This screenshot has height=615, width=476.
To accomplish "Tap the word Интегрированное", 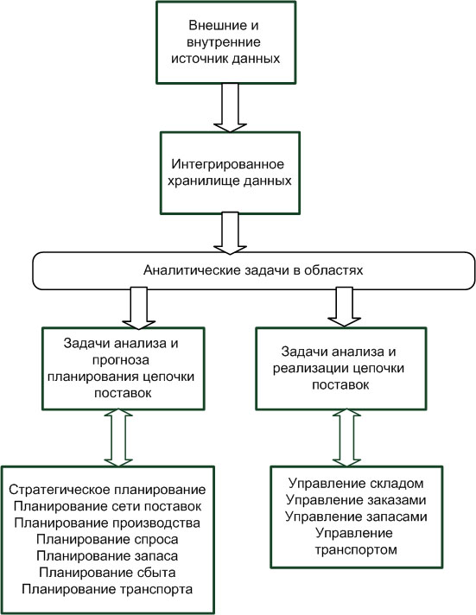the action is tap(227, 164).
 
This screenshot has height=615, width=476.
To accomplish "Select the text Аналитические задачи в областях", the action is tap(253, 270).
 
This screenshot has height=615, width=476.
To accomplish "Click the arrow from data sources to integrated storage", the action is tap(230, 107).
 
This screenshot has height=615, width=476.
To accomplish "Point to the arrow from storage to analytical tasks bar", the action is tap(231, 233).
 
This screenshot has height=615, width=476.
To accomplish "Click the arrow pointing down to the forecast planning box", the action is tap(139, 307).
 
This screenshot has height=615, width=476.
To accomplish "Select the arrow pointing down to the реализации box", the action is tap(344, 307).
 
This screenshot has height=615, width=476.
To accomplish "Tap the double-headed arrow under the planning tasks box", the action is tap(118, 438).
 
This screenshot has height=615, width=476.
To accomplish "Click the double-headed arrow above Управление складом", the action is tap(346, 438).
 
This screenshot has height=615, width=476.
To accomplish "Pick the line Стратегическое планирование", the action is tap(107, 490).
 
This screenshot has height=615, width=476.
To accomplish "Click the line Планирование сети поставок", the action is tap(107, 506).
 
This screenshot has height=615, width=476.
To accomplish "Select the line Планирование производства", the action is tap(107, 523).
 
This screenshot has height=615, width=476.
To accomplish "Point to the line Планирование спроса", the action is tap(107, 539).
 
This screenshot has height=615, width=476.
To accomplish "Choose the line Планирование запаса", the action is tap(107, 555).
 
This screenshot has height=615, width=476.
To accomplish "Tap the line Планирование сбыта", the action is tap(107, 573).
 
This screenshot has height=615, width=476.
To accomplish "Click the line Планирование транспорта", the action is tap(107, 589).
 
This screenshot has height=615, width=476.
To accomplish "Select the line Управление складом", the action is tap(356, 483).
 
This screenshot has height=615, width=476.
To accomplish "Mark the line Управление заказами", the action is tap(356, 499).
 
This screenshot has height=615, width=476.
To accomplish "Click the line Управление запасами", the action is tap(356, 517).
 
